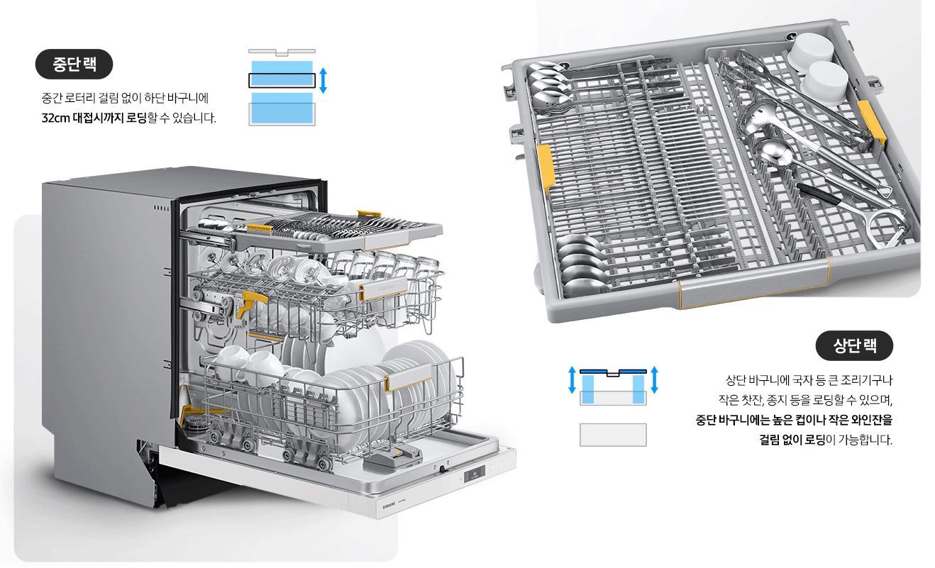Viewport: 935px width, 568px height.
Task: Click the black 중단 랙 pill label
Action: click(x=74, y=64)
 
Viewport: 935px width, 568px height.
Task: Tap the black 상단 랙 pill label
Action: click(x=854, y=345)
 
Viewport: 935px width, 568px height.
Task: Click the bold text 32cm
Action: click(x=55, y=118)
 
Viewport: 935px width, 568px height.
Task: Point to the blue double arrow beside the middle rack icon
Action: click(x=323, y=81)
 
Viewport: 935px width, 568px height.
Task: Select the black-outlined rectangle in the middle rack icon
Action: click(x=282, y=81)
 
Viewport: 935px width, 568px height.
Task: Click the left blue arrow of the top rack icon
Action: click(x=572, y=380)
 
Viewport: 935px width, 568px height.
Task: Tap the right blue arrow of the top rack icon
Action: click(x=655, y=380)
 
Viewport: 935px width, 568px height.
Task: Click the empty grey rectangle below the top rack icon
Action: click(x=613, y=435)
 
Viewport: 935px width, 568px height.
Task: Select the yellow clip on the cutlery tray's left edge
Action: click(x=546, y=167)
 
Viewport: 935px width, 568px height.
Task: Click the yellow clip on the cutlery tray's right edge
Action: click(x=870, y=122)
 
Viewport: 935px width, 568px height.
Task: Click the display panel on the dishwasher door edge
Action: click(x=475, y=474)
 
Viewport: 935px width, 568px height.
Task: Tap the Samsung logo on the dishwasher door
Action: click(x=389, y=506)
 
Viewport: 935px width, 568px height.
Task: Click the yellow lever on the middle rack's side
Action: click(x=250, y=304)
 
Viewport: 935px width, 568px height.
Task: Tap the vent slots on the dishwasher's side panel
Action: click(x=162, y=208)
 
